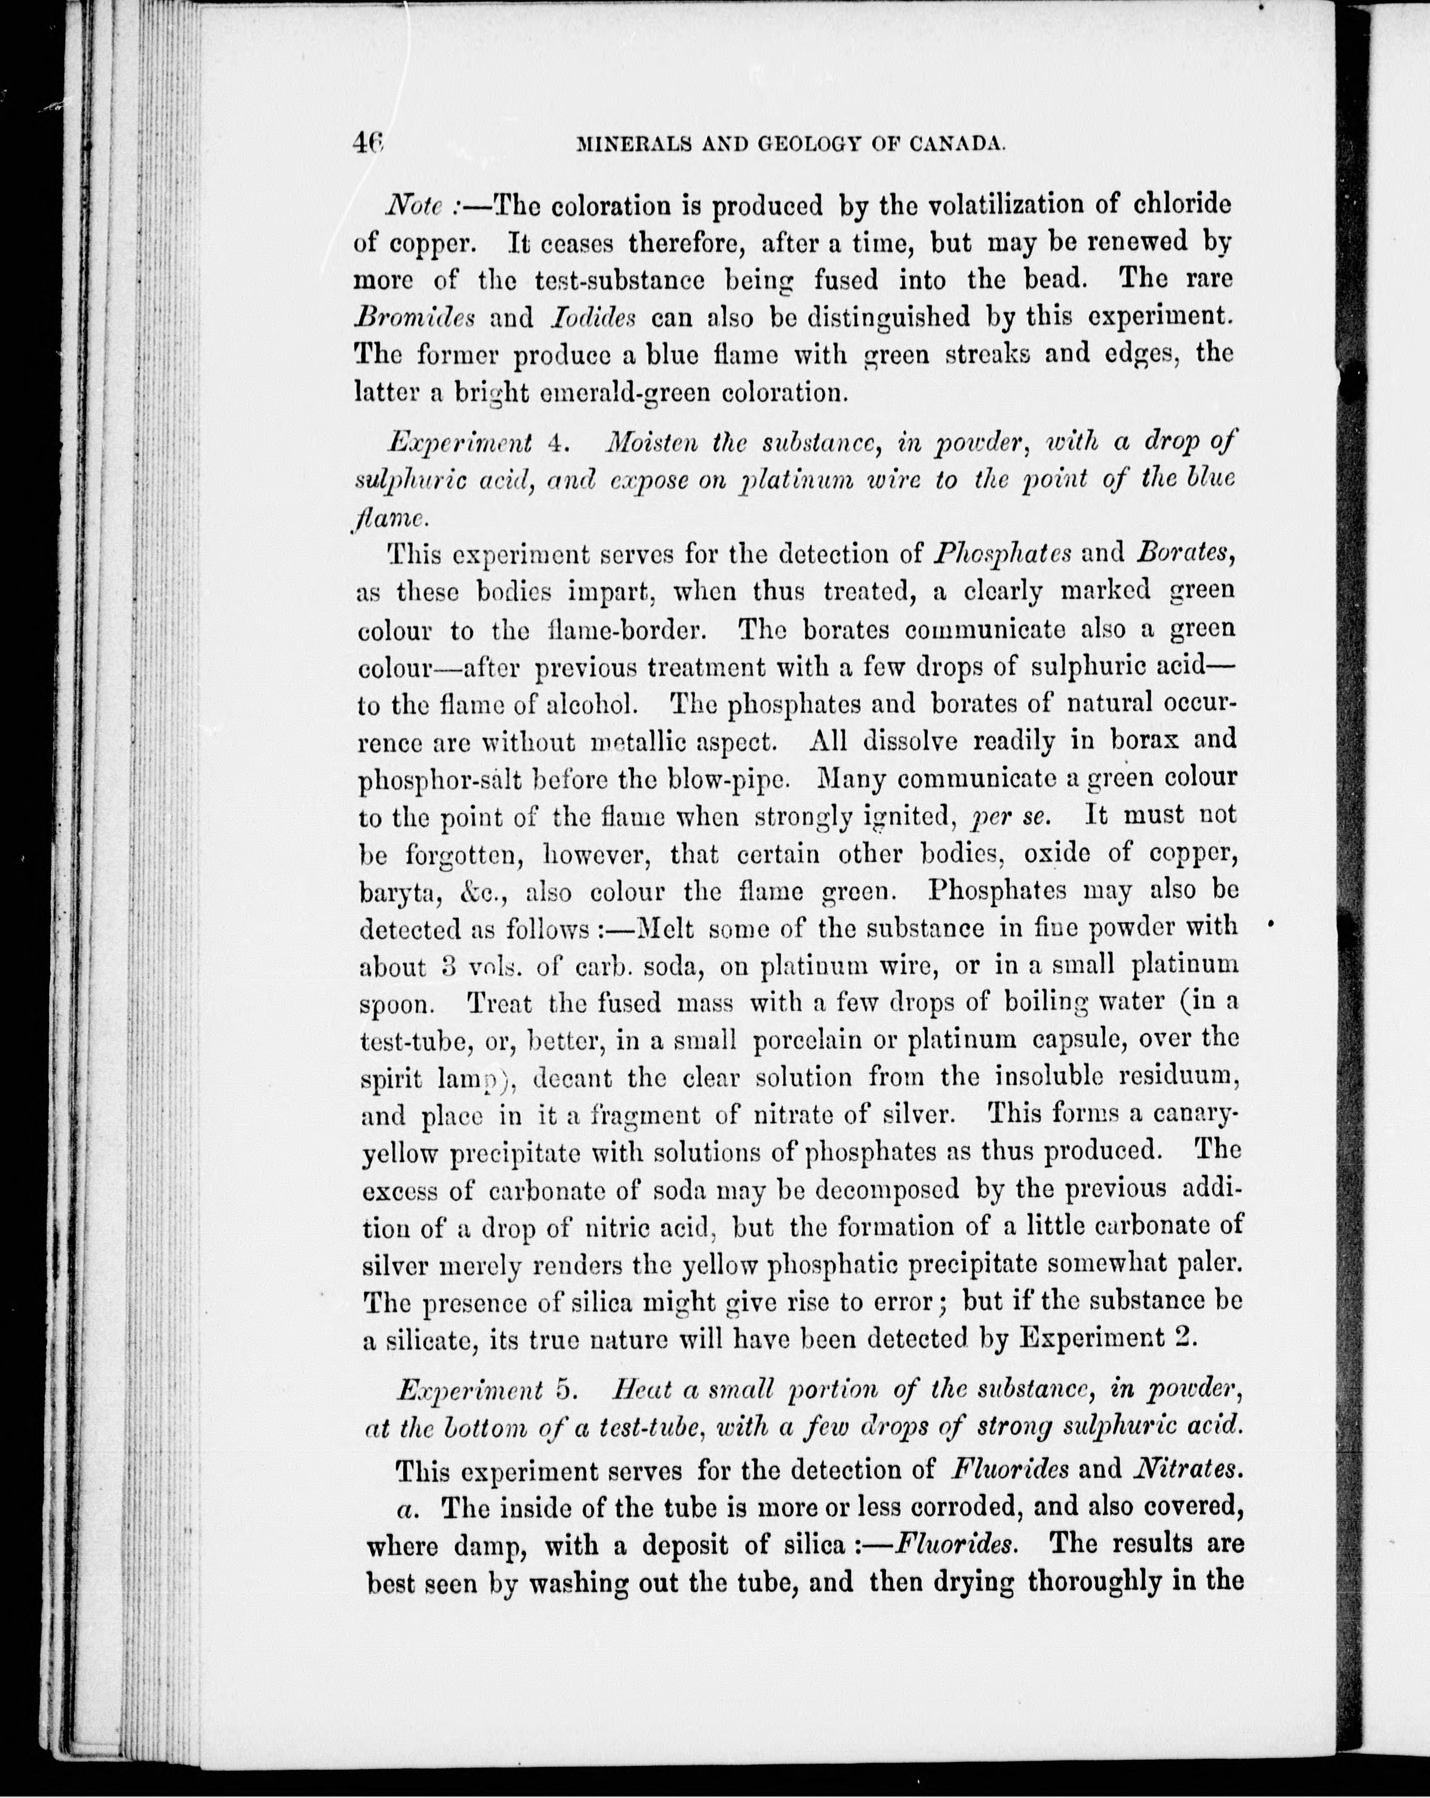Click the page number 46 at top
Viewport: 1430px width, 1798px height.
point(366,145)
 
